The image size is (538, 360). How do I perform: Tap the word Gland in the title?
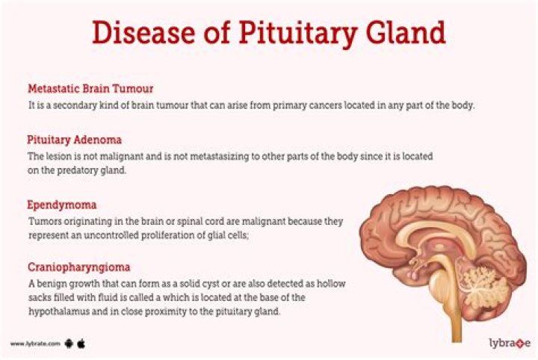[403, 33]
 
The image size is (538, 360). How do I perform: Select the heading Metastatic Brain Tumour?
[90, 89]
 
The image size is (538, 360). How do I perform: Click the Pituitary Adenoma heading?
[74, 140]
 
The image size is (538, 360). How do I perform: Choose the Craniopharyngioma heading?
[78, 267]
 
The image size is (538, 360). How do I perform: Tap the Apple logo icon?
[81, 343]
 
